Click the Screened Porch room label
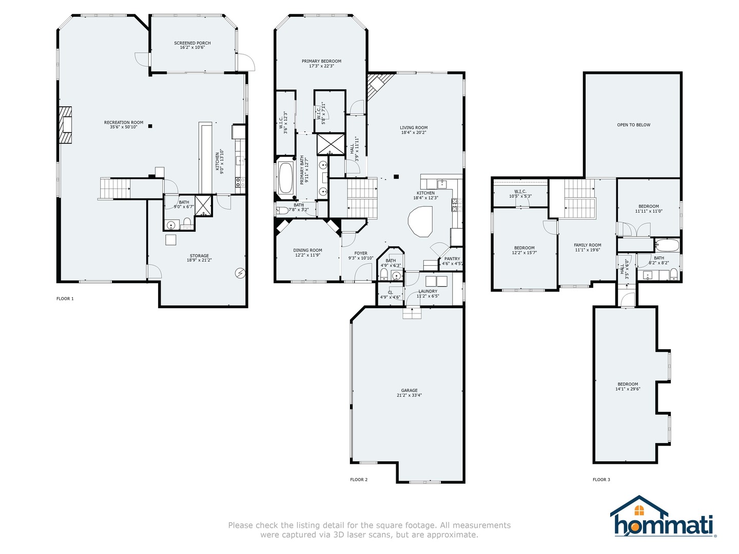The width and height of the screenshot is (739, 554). [192, 43]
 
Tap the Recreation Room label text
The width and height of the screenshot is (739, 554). [124, 123]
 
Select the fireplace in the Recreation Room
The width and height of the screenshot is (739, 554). [65, 125]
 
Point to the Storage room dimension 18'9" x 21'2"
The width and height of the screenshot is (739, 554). [199, 260]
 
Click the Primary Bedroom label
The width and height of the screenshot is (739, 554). [321, 61]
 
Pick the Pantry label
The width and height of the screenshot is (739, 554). [452, 259]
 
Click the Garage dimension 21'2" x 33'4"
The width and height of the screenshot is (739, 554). [409, 395]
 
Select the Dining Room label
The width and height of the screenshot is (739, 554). [308, 250]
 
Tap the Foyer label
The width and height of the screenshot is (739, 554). [361, 253]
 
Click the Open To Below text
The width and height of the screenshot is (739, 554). [633, 125]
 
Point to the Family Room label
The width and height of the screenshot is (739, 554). [587, 245]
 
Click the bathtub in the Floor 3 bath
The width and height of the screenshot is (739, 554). [667, 245]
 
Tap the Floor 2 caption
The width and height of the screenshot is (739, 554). [359, 480]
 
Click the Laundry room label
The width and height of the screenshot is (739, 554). [427, 291]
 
